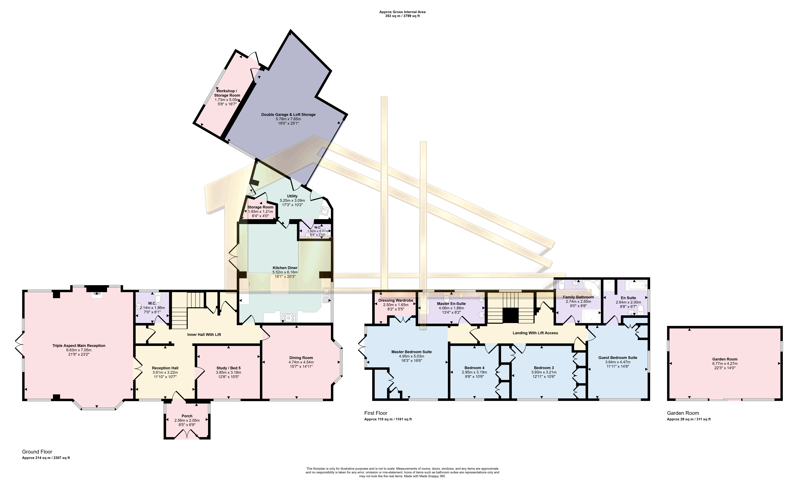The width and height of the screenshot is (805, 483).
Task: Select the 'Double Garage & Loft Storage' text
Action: click(x=288, y=115)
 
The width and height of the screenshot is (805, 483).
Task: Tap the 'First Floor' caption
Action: click(x=376, y=413)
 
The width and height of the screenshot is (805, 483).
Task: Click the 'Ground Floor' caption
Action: click(x=37, y=452)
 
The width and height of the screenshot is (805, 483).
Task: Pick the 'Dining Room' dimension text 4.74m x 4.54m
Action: click(x=301, y=362)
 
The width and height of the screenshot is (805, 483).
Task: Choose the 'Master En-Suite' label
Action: click(x=451, y=304)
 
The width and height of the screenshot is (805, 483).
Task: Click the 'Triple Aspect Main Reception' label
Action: click(x=79, y=346)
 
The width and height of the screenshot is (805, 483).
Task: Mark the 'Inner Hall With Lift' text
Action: click(x=204, y=335)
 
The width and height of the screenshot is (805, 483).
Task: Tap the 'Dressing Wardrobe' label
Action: click(x=396, y=300)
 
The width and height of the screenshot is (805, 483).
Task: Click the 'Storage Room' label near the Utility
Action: click(x=260, y=207)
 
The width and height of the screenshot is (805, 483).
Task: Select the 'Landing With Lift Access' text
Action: click(x=535, y=333)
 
